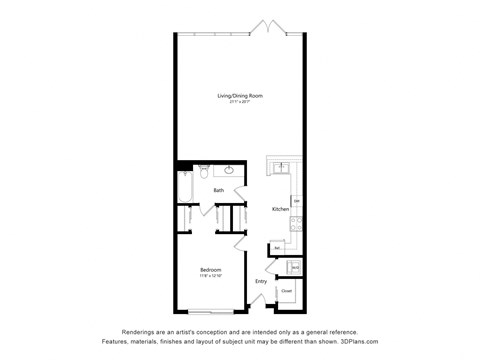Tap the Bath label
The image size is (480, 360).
coord(218,190)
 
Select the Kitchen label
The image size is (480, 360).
coord(280,208)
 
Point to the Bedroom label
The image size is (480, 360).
coord(210,270)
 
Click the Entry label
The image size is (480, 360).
coord(261,281)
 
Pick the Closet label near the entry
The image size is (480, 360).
coord(286,291)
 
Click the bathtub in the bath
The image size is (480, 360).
coord(186,186)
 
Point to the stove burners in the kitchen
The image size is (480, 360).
coord(295,222)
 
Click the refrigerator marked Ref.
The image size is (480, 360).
coord(277,247)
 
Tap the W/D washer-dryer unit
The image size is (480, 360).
coord(295,267)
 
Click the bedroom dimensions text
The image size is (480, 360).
coord(210,276)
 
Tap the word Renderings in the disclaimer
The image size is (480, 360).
coord(142,332)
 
